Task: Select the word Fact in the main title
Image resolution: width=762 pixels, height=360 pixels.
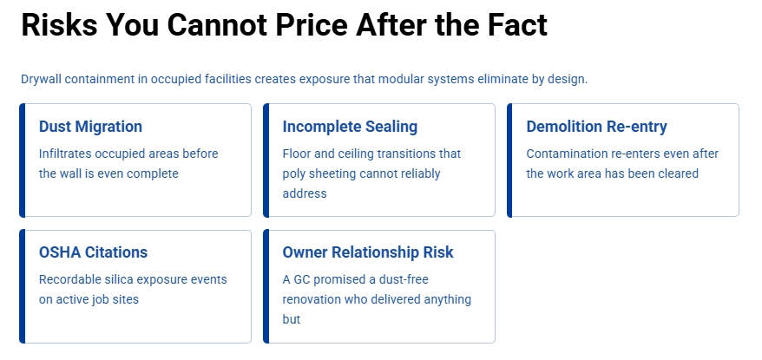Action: (x=514, y=25)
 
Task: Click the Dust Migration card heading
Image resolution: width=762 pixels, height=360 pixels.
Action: (x=90, y=127)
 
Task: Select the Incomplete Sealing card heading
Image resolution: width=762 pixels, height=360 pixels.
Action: (x=350, y=127)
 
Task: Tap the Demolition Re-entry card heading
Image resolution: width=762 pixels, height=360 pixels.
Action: (x=596, y=127)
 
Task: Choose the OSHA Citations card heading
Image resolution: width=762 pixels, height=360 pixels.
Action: (x=93, y=252)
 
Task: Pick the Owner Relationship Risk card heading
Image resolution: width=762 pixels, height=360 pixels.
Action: (x=368, y=252)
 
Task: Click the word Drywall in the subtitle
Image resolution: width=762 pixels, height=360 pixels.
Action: (x=40, y=79)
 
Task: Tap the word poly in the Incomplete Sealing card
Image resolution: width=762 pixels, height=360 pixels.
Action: (x=295, y=173)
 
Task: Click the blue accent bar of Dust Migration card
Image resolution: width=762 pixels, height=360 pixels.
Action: (x=23, y=160)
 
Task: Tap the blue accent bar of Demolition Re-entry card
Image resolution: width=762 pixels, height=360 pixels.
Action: (x=510, y=160)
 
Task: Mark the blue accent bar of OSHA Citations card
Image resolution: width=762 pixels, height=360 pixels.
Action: (x=23, y=286)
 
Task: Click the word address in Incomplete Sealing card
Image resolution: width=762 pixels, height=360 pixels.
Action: (x=305, y=193)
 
